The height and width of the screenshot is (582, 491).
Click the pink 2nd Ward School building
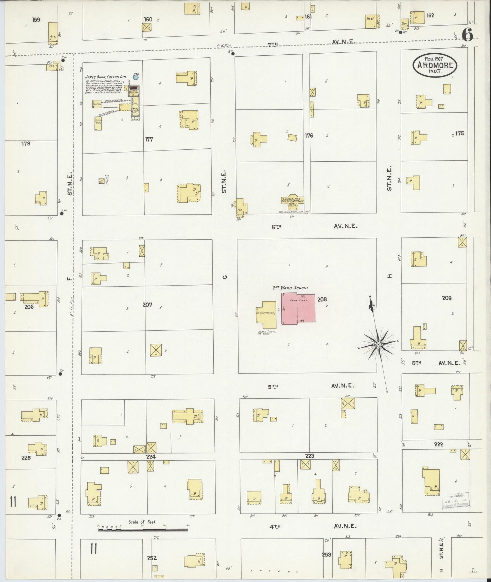click(x=298, y=309)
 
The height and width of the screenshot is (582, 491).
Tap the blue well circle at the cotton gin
click(x=136, y=77)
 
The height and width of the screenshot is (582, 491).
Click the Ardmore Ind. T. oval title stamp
click(x=435, y=65)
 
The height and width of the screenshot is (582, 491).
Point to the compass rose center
click(x=379, y=345)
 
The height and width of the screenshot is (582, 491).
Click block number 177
click(x=149, y=139)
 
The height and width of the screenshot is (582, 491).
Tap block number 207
click(x=147, y=305)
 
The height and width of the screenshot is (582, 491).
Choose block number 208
click(x=322, y=299)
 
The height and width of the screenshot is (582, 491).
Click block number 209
click(x=446, y=298)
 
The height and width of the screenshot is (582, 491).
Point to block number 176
click(x=309, y=135)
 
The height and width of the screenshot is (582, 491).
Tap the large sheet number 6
click(x=468, y=34)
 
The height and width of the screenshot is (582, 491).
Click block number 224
click(x=151, y=457)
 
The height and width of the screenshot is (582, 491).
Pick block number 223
click(x=309, y=456)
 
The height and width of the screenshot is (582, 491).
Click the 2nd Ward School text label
click(x=291, y=288)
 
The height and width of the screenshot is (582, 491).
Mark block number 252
click(x=152, y=558)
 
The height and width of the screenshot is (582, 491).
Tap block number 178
click(x=26, y=144)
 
